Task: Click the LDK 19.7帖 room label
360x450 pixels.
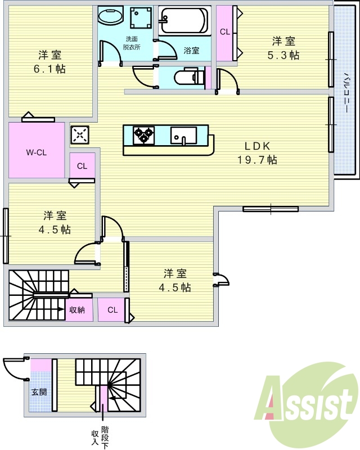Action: point(256,152)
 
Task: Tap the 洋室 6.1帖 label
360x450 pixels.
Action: point(50,61)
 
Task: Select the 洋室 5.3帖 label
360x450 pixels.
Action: point(283,47)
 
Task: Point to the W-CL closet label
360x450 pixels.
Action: point(36,152)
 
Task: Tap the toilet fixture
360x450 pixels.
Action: point(188,77)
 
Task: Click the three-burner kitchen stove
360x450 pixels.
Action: point(143,135)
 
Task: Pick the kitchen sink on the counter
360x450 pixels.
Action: point(183,135)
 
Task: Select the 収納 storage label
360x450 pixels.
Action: point(77,310)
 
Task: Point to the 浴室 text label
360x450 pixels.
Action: point(191,50)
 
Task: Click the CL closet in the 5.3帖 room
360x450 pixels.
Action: point(225,32)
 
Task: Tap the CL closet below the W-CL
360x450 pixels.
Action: point(82,166)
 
